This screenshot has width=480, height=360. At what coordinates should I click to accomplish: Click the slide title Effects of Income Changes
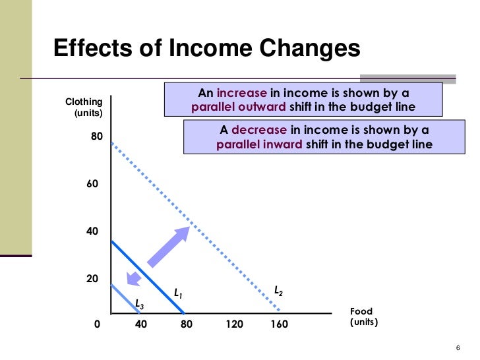pyautogui.click(x=206, y=49)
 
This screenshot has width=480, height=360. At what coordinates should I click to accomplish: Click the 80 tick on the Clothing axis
pyautogui.click(x=97, y=136)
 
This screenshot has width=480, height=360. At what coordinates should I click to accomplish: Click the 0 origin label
pyautogui.click(x=98, y=324)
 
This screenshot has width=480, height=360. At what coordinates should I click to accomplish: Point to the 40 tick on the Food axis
pyautogui.click(x=140, y=324)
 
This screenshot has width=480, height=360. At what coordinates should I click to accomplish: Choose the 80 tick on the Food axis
pyautogui.click(x=186, y=324)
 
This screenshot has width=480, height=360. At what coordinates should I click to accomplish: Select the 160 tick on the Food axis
pyautogui.click(x=279, y=324)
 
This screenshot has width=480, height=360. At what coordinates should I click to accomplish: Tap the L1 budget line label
pyautogui.click(x=177, y=291)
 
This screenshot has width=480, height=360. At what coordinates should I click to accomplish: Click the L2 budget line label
pyautogui.click(x=278, y=291)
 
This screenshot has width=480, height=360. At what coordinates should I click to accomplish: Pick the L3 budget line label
pyautogui.click(x=138, y=304)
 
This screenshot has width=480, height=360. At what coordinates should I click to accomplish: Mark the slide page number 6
pyautogui.click(x=457, y=349)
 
